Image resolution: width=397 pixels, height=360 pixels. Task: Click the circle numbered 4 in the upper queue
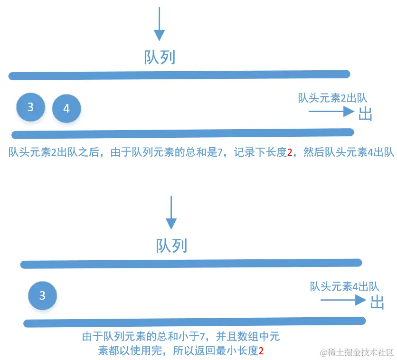[x=66, y=109]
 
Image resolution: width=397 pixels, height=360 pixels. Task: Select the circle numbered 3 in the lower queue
[x=42, y=296]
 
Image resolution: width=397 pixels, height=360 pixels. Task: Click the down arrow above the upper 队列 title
[x=160, y=24]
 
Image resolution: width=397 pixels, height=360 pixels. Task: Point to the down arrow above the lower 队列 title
[x=171, y=212]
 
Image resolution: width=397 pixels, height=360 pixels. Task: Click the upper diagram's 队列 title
[x=160, y=57]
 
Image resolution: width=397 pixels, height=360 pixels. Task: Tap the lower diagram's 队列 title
[x=171, y=246]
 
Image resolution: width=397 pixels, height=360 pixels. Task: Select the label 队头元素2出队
[x=332, y=98]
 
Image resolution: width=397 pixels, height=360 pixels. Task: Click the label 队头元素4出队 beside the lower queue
[x=344, y=286]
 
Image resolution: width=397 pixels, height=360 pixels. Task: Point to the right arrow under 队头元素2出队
[x=331, y=112]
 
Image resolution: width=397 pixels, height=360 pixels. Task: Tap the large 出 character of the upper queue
[x=365, y=114]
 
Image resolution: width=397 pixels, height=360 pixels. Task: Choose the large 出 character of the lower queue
[x=377, y=303]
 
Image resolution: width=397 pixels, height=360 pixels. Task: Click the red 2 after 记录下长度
[x=290, y=153]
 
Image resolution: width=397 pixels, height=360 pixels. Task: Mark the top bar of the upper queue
[x=179, y=75]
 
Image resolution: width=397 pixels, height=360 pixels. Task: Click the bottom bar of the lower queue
[x=195, y=322]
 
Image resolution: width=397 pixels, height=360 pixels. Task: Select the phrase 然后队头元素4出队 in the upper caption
[x=349, y=153]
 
